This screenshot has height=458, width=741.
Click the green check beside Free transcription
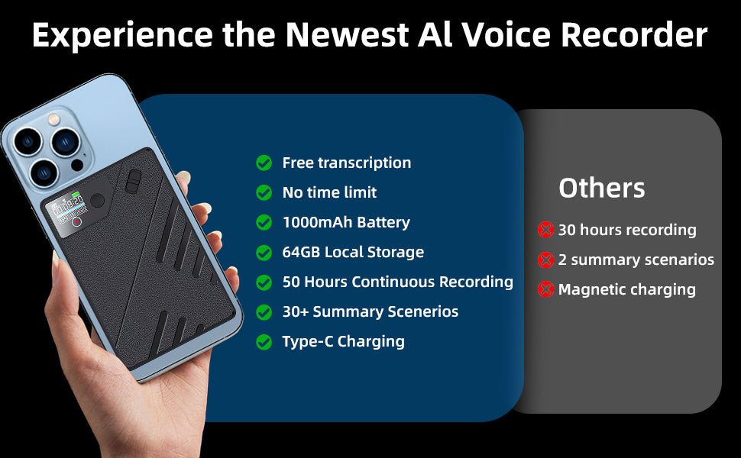tap(264, 163)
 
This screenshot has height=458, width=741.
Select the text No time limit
tap(329, 192)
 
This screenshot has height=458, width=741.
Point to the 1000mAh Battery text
tap(346, 222)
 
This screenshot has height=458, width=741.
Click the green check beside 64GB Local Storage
tap(264, 253)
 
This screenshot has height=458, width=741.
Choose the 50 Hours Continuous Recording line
tap(397, 282)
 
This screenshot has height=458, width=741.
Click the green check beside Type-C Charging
tap(264, 342)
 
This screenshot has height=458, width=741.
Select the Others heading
tap(601, 188)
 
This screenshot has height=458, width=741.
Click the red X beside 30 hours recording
tap(545, 230)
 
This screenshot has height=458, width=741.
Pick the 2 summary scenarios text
tap(636, 260)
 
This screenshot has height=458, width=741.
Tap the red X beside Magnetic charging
tap(545, 289)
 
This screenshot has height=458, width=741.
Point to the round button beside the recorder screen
tap(97, 202)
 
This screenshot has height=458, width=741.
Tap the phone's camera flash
tap(54, 119)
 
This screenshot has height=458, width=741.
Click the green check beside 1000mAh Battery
tap(264, 222)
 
